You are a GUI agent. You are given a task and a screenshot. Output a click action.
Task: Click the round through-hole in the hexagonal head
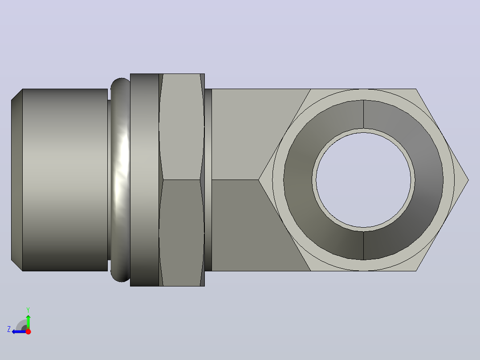pyautogui.click(x=363, y=180)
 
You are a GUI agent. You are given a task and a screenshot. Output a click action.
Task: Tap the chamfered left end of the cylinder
pyautogui.click(x=17, y=180)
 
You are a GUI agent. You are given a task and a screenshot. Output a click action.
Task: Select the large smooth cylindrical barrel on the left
pyautogui.click(x=65, y=180)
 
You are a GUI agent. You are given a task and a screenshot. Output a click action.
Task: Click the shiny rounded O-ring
pyautogui.click(x=121, y=180)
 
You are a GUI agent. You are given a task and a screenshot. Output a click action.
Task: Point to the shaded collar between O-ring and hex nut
pyautogui.click(x=144, y=180)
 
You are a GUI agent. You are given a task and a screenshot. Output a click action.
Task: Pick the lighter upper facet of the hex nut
pyautogui.click(x=182, y=127)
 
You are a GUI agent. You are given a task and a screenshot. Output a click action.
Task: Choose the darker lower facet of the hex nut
pyautogui.click(x=182, y=233)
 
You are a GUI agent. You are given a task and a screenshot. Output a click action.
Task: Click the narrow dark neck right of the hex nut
pyautogui.click(x=208, y=180)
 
